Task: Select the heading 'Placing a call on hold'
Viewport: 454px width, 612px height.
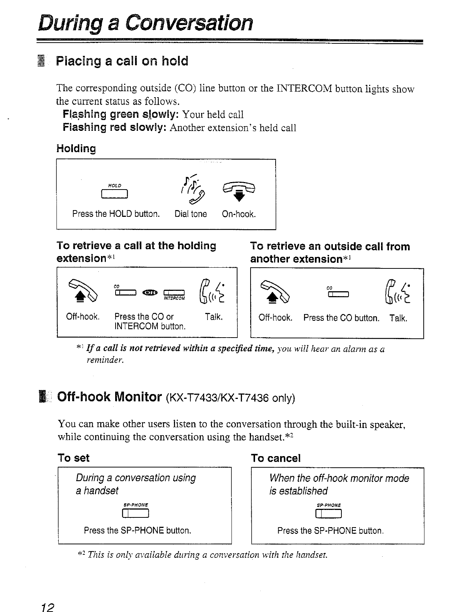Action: [x=122, y=61]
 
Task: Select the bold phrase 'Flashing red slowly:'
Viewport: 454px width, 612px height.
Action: [x=115, y=127]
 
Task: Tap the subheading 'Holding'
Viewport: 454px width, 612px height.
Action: [x=76, y=148]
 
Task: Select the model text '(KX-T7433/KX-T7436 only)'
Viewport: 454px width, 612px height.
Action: [x=230, y=398]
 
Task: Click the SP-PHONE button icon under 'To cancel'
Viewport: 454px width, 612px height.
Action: [x=329, y=515]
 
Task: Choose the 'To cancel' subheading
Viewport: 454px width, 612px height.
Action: [x=276, y=458]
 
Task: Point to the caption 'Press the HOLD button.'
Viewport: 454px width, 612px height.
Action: [x=116, y=214]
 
